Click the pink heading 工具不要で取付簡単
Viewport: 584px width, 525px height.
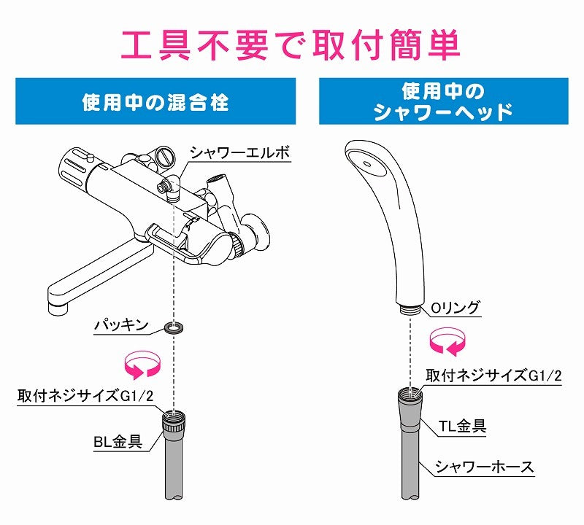click(291, 45)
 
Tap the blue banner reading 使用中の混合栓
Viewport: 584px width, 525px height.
click(155, 101)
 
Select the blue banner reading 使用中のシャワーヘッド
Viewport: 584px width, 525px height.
click(444, 101)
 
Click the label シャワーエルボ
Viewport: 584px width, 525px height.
click(240, 152)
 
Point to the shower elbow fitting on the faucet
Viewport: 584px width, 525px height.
click(169, 187)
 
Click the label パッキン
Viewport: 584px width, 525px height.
click(121, 325)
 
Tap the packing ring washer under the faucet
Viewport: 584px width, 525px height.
click(174, 328)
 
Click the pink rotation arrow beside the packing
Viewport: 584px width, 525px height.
click(142, 365)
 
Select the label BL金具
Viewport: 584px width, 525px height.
click(118, 442)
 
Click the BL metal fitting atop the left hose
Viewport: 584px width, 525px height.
click(174, 421)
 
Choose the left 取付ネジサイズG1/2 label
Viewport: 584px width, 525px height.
click(85, 395)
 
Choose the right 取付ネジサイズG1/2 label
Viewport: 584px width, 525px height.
click(493, 376)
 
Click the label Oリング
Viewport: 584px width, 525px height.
click(456, 308)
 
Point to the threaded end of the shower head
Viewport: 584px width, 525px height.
click(410, 309)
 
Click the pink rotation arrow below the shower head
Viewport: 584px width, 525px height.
click(447, 341)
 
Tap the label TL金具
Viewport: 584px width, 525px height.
click(462, 426)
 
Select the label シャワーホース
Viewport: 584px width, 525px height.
click(485, 467)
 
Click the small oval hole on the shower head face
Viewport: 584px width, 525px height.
click(367, 164)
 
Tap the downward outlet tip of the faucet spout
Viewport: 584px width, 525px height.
click(58, 308)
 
